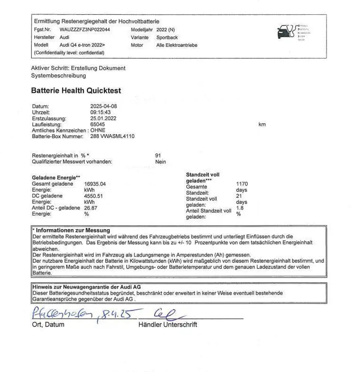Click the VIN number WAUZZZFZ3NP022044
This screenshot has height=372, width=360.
tap(85, 29)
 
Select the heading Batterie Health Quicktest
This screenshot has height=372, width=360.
tap(76, 91)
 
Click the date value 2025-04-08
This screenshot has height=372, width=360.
tap(103, 106)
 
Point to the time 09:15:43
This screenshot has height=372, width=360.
tap(101, 112)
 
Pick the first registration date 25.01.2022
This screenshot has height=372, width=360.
tap(103, 118)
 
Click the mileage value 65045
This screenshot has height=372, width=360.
tap(97, 124)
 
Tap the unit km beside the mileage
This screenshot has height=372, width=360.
tap(262, 124)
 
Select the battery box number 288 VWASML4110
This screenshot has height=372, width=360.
tap(112, 136)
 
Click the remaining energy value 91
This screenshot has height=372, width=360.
tap(158, 155)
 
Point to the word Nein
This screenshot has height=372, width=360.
tap(160, 162)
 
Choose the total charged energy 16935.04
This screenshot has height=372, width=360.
tap(95, 184)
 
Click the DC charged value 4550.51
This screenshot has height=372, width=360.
tap(93, 196)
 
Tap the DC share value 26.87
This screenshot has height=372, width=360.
tap(91, 208)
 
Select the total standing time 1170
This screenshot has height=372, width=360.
tap(242, 184)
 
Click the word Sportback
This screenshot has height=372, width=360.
tap(167, 38)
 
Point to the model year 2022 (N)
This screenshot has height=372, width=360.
tap(165, 29)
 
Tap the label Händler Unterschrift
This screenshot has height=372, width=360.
tap(167, 325)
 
